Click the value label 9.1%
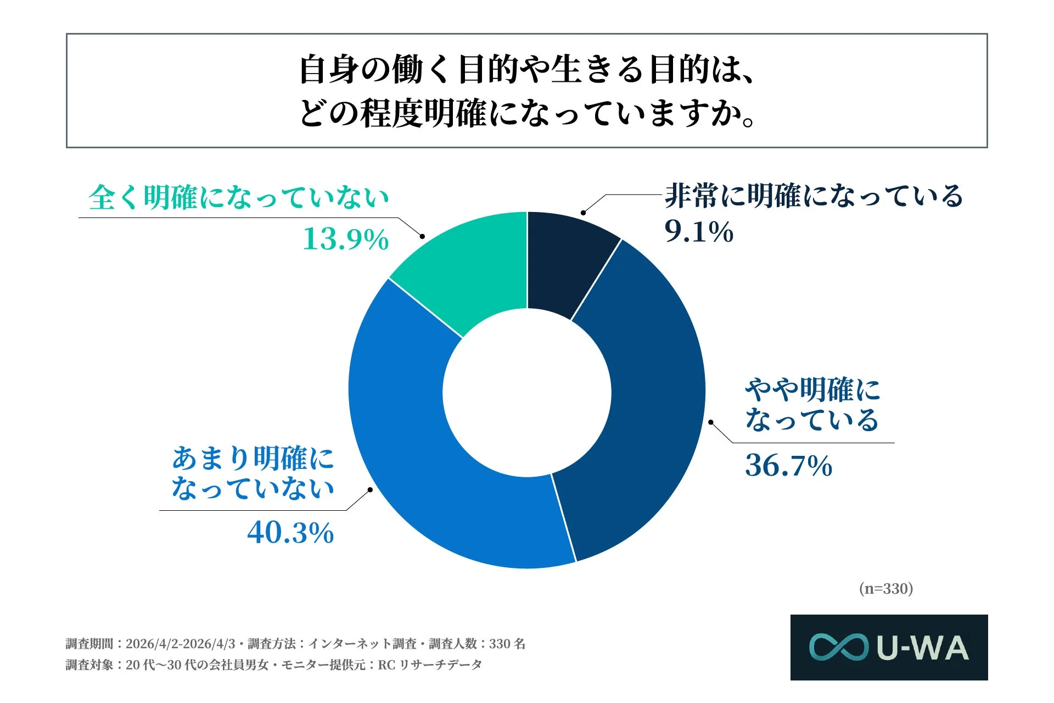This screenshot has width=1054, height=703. pos(698,231)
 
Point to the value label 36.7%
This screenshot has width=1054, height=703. pos(788,466)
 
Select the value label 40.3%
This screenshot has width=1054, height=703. pos(290,533)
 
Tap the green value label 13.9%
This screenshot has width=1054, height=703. pos(346,239)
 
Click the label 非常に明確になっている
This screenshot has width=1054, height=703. pos(814,196)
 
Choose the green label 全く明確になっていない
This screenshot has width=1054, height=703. pos(239,197)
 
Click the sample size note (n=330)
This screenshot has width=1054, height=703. pos(885,589)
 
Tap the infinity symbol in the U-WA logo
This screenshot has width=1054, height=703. pos(838,647)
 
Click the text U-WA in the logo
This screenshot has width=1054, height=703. pos(922,648)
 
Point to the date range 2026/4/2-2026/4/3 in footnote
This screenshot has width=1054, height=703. pos(180,644)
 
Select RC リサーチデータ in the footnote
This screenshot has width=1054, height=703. pos(430,665)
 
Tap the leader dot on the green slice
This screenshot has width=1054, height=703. pos(422,236)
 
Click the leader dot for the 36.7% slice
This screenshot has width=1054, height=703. pos(710,422)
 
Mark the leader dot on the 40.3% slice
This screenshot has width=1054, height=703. pos(370,489)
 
